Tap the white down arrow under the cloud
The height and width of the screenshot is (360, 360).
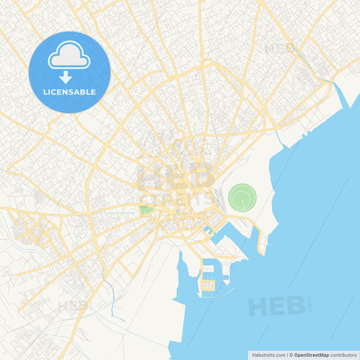point(66,77)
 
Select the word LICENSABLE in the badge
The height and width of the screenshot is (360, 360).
point(70,92)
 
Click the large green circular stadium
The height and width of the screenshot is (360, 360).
point(242,198)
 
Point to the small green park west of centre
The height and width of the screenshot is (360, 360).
point(146,210)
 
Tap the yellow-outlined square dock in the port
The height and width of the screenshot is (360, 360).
point(207,286)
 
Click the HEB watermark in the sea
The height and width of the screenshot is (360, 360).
point(276,305)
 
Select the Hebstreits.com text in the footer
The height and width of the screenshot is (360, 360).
point(266,354)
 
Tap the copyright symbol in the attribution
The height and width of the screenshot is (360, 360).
point(292,354)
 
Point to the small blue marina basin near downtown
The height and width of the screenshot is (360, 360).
point(208,230)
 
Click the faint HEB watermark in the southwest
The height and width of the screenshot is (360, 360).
point(73,306)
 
